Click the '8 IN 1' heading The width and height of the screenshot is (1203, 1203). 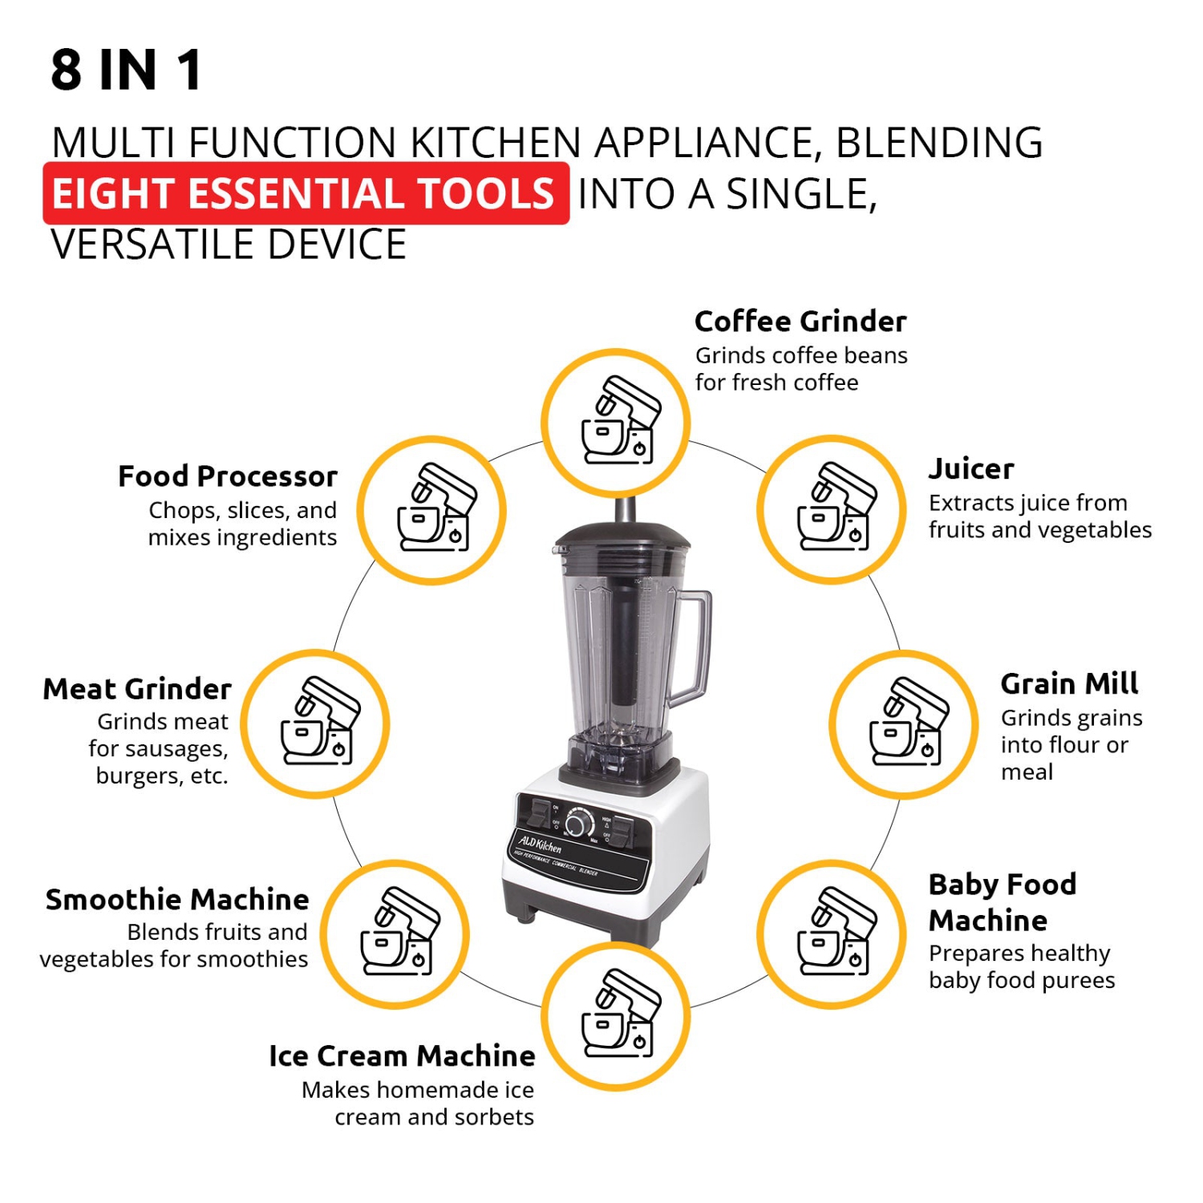(x=127, y=70)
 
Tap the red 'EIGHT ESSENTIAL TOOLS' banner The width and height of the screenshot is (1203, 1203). (x=306, y=193)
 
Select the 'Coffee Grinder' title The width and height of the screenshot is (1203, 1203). (x=800, y=322)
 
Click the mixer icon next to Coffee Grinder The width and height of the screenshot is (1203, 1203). (x=616, y=423)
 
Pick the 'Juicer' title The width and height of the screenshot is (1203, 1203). (x=971, y=469)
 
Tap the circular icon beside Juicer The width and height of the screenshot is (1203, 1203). (x=832, y=509)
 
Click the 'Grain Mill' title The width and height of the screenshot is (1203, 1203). (x=1069, y=684)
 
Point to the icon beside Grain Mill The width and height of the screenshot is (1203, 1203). (x=904, y=724)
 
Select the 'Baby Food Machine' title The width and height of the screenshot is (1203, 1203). (x=1002, y=902)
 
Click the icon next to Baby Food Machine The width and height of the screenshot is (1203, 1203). (x=832, y=934)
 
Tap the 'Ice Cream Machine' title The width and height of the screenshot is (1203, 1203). (x=402, y=1056)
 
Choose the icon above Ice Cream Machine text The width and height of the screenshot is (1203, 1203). (x=616, y=1016)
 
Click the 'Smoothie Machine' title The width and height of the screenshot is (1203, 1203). (x=177, y=900)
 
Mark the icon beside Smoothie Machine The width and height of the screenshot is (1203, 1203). (x=395, y=934)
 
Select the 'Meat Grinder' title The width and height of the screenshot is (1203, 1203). (x=137, y=689)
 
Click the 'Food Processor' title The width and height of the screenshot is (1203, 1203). (x=228, y=476)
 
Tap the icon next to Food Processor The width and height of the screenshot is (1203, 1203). (x=431, y=510)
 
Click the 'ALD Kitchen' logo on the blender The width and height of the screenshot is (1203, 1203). (x=540, y=844)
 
